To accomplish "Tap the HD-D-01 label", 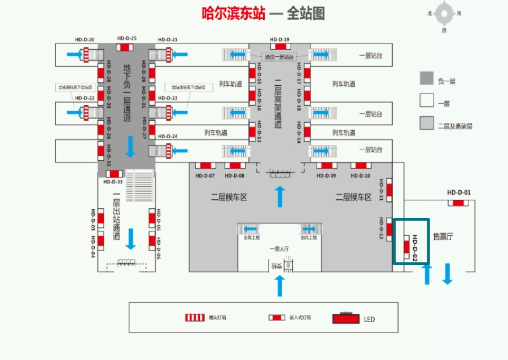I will [458, 192].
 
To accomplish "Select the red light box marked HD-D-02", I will [406, 247].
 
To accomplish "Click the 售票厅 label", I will [443, 236].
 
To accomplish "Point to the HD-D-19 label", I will [279, 39].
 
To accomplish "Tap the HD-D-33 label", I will [113, 182].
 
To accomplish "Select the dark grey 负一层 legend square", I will [426, 78].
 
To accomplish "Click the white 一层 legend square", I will [426, 101].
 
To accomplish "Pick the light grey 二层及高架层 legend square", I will [426, 123].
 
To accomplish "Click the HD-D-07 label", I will [205, 175].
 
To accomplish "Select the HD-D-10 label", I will [360, 175].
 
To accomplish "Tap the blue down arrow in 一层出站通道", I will [131, 239].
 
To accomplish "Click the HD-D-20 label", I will [85, 39].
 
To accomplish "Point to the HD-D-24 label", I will [168, 137].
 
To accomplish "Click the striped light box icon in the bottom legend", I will [195, 318].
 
